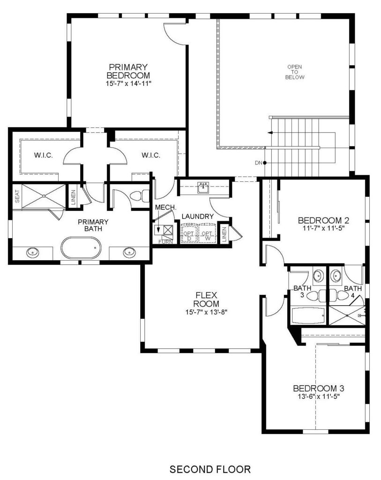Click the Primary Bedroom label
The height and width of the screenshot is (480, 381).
[128, 71]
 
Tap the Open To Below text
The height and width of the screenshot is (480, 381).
[295, 72]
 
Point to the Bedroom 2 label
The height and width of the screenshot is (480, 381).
[323, 220]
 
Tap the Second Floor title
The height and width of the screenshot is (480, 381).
[210, 469]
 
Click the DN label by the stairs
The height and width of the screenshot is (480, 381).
[259, 163]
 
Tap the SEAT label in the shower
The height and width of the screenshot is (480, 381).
[17, 196]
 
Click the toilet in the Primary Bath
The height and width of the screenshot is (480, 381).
[140, 196]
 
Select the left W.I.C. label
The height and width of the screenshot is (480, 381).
[44, 155]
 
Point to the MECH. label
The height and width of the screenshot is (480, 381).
[165, 207]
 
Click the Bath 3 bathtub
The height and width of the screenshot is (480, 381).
[308, 315]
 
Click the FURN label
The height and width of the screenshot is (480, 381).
[165, 242]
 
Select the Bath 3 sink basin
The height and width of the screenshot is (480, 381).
[318, 275]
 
